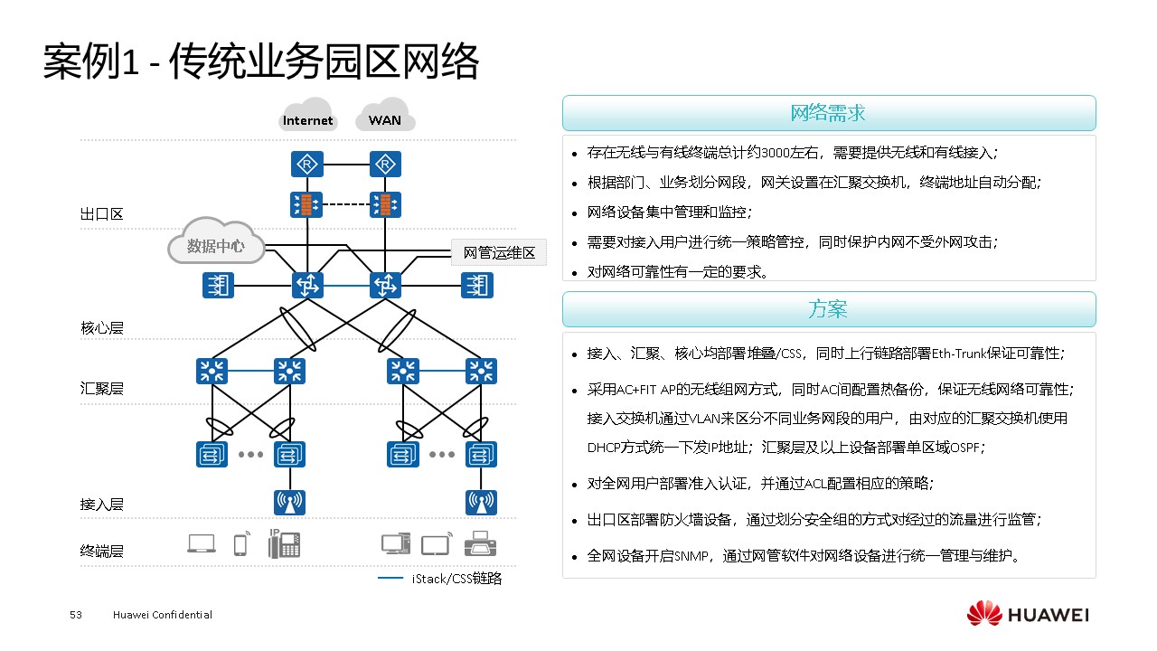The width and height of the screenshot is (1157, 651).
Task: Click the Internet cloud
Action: click(308, 117)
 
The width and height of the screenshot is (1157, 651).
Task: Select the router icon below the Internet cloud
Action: click(307, 165)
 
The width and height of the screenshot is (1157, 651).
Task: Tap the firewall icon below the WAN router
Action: click(386, 205)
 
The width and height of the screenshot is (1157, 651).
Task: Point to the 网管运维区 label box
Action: click(499, 252)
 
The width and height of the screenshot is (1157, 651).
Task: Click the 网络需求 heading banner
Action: click(829, 114)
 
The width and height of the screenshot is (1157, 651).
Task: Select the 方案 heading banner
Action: click(829, 309)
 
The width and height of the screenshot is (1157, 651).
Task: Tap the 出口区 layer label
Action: click(101, 214)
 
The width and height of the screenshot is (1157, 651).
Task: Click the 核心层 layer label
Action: click(101, 327)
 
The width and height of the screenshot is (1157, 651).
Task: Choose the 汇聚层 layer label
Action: click(101, 389)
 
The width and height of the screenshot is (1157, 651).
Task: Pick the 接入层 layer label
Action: click(101, 505)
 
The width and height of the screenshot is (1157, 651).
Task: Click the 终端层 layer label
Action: click(101, 551)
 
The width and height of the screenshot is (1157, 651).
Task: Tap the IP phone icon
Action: click(284, 542)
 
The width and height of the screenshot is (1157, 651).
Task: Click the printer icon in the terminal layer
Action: click(479, 544)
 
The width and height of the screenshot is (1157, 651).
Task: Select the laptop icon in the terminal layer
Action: click(202, 543)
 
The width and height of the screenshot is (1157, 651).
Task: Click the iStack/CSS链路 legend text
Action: click(456, 578)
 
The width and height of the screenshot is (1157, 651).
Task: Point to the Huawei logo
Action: click(1028, 615)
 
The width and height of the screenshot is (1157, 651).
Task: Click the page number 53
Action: click(76, 615)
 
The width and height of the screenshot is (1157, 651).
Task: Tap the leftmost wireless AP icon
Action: click(289, 502)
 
